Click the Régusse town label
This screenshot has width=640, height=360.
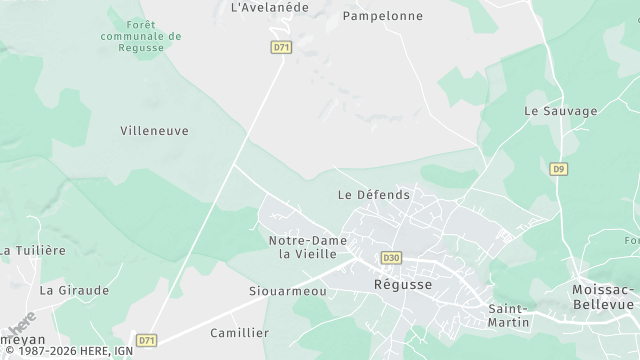tap(403, 284)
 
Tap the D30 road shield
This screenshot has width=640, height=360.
tap(391, 258)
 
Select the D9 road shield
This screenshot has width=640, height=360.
tap(559, 169)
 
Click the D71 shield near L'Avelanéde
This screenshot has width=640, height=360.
tap(281, 47)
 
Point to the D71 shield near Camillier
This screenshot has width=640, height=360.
tap(147, 340)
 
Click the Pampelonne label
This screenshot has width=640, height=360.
tap(382, 16)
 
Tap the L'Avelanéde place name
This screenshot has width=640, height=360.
tap(270, 7)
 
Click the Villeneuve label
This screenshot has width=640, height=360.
tap(154, 131)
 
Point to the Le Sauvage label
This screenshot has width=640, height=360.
tap(560, 111)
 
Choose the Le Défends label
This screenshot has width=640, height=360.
tap(374, 194)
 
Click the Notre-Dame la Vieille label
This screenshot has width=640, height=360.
tap(308, 247)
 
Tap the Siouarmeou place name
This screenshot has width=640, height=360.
tap(287, 291)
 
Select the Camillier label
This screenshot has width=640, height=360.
tap(240, 332)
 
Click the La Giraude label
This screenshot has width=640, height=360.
tap(74, 290)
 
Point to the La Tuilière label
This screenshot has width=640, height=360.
tap(33, 250)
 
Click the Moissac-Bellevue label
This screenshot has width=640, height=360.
tap(604, 296)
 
